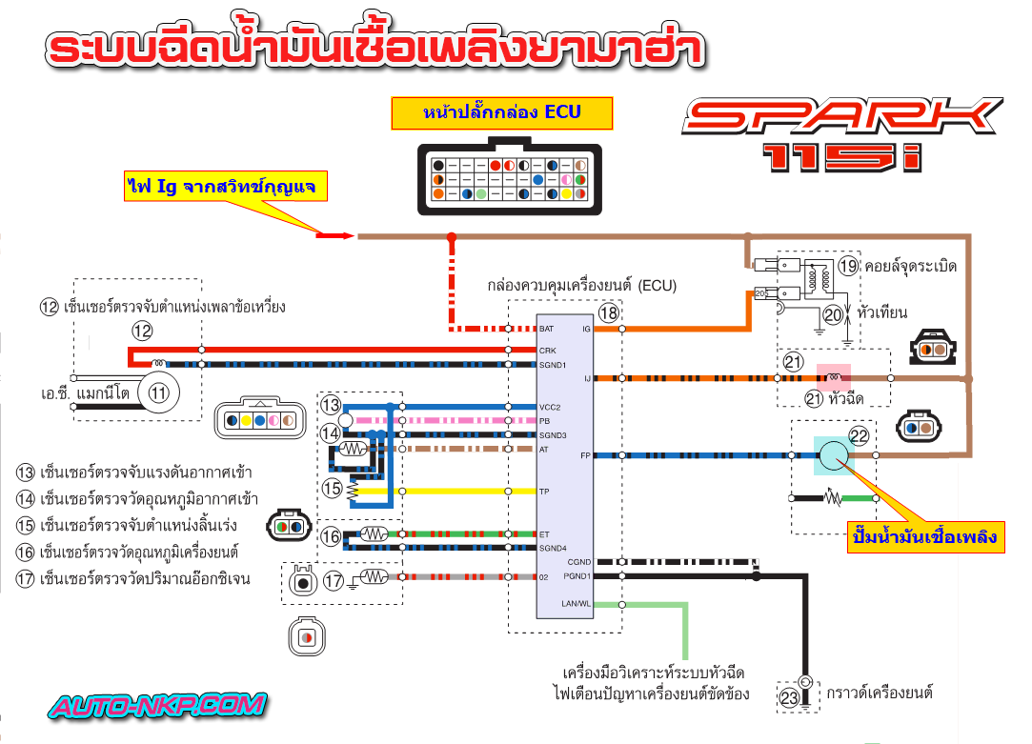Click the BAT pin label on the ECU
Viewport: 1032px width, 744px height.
[547, 329]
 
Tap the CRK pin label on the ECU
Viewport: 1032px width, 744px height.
[547, 352]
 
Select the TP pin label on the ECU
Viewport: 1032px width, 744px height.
[544, 492]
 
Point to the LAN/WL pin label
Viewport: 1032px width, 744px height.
[577, 604]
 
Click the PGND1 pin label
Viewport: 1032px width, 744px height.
[577, 575]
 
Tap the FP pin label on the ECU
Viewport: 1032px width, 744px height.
[585, 455]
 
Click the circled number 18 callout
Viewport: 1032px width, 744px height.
[609, 312]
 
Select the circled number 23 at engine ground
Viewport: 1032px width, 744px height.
[789, 697]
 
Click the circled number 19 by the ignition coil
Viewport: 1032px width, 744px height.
[848, 266]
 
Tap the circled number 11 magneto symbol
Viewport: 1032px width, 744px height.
[158, 392]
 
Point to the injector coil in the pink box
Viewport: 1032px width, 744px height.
[837, 377]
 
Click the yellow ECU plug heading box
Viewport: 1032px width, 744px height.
[500, 112]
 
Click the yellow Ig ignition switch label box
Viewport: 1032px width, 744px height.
[225, 185]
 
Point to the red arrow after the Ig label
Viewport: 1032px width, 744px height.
[334, 235]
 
